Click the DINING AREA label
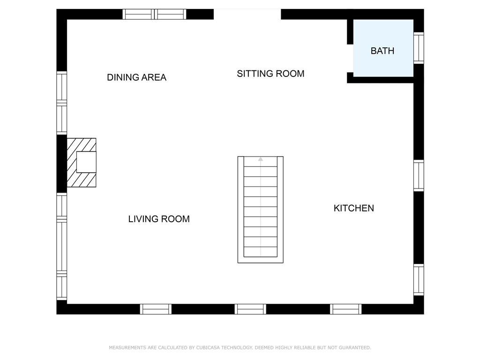click(136, 77)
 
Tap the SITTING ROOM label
click(270, 74)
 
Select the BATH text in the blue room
click(382, 51)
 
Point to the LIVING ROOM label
click(159, 219)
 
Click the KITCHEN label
click(353, 208)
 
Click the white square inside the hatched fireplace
click(86, 162)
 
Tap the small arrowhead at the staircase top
click(261, 159)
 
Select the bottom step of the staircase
click(261, 252)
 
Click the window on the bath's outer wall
click(419, 48)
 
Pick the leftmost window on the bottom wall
click(156, 309)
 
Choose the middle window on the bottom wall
click(250, 309)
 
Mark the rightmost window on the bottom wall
click(345, 309)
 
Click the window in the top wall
click(154, 14)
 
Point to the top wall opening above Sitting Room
click(247, 14)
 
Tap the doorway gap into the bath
click(350, 59)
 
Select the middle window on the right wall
click(419, 175)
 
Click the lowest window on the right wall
click(419, 280)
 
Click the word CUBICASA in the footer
click(208, 347)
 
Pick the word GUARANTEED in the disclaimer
click(354, 347)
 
